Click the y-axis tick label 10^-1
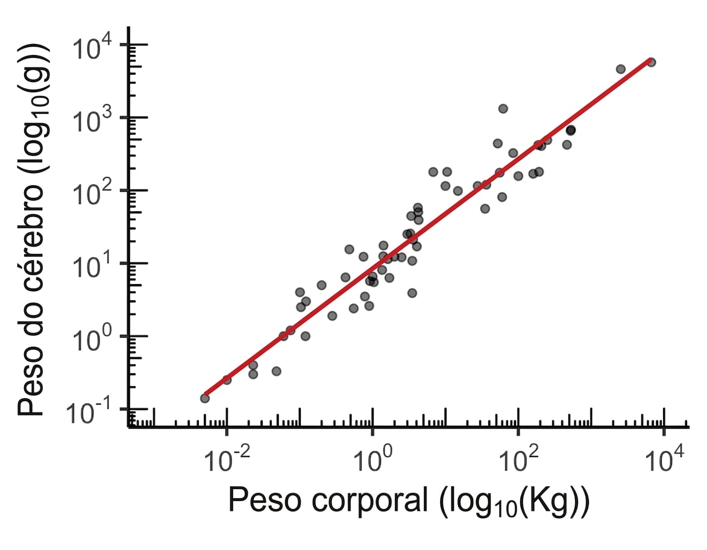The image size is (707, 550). tap(89, 411)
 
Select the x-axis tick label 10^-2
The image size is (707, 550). tap(227, 459)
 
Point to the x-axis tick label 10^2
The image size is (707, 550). tap(519, 459)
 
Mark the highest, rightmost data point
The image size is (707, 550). tap(651, 62)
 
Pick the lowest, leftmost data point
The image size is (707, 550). tap(205, 398)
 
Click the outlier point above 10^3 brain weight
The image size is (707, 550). tap(503, 109)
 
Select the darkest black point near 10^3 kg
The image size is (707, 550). tap(571, 130)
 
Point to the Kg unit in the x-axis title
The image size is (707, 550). tap(551, 501)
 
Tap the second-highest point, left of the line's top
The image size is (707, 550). tap(621, 69)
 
